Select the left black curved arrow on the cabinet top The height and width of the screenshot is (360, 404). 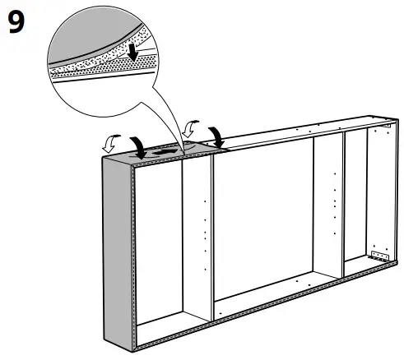pyautogui.click(x=142, y=145)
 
